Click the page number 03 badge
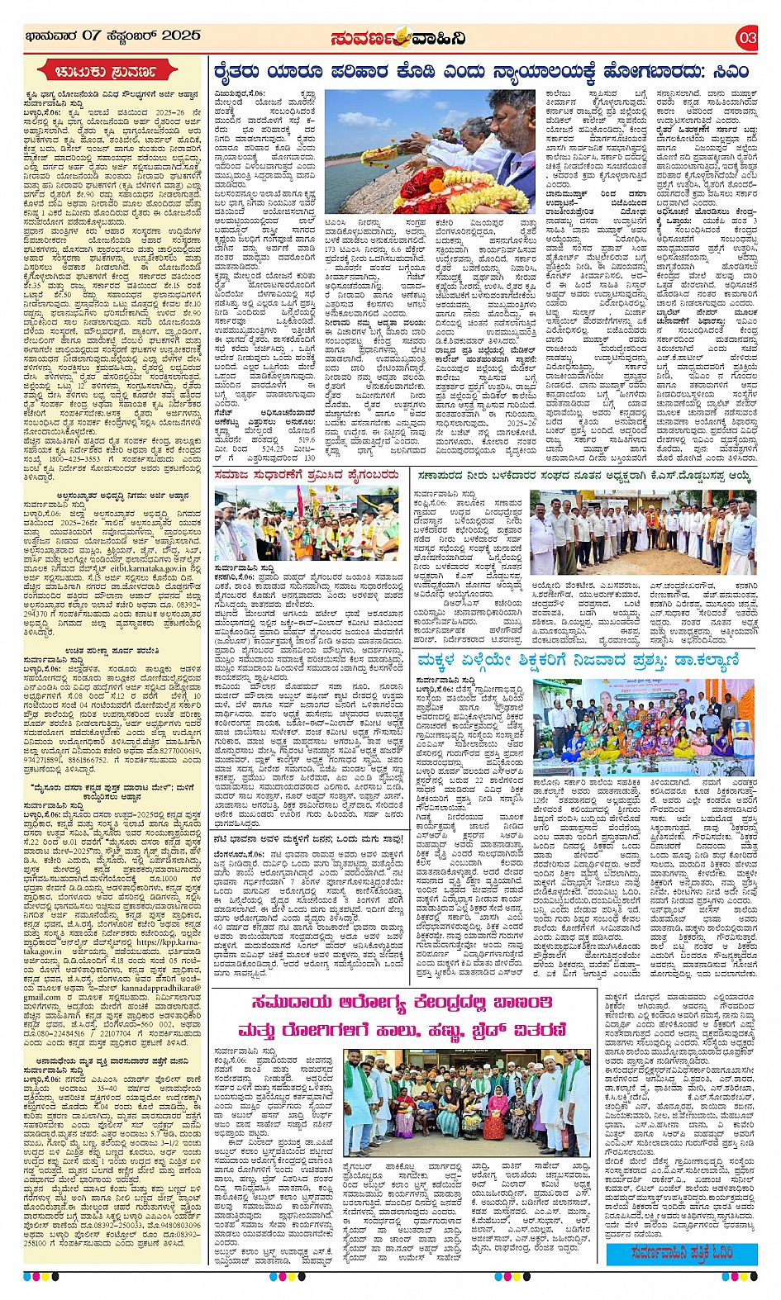[747, 37]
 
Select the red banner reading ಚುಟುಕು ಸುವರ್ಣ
[111, 72]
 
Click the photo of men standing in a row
[643, 533]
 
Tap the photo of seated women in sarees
[643, 727]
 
